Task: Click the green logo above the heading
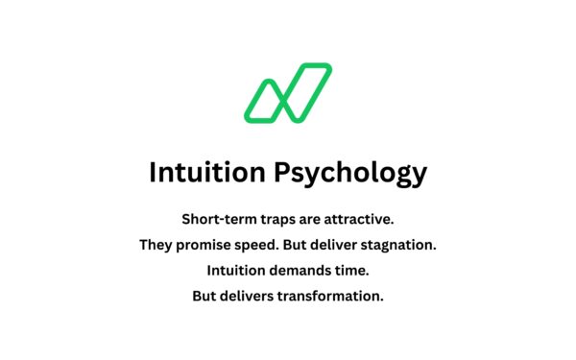click(x=288, y=93)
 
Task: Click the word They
click(x=156, y=245)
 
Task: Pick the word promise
click(x=206, y=245)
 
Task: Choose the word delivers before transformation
click(x=247, y=297)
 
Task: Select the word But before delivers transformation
click(x=204, y=297)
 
